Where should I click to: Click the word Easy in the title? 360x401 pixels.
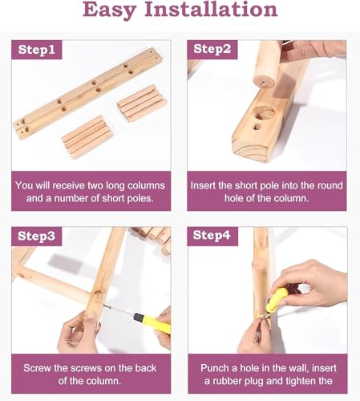[109, 10]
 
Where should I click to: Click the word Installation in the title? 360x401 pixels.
[211, 9]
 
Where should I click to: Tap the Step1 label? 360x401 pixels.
[37, 50]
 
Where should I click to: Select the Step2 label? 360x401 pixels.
[212, 49]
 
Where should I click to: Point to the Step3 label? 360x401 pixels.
[37, 237]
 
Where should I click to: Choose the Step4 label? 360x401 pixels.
[212, 236]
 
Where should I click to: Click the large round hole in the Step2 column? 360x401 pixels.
[264, 112]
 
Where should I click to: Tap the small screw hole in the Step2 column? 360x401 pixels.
[257, 127]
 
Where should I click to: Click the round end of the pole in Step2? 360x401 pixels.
[264, 83]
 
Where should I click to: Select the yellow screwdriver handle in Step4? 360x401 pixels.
[278, 298]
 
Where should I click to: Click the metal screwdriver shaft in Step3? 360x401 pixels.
[119, 310]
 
